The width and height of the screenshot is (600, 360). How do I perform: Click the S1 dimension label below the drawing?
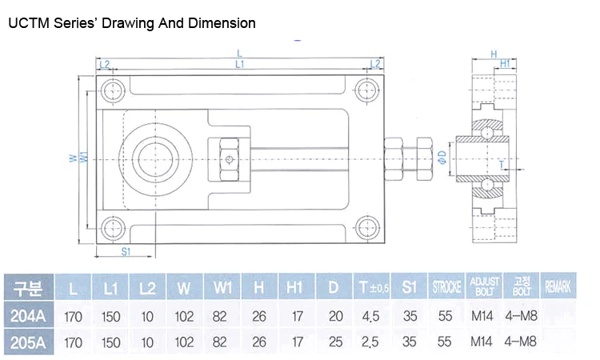[x=126, y=251]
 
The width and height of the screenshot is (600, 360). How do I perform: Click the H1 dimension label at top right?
[x=505, y=62]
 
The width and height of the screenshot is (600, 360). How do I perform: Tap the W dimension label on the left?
[x=72, y=158]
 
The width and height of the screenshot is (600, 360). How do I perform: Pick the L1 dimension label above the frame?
[x=240, y=63]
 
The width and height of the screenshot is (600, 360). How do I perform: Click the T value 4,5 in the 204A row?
[x=370, y=316]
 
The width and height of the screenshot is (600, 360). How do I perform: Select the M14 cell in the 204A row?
[x=482, y=316]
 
